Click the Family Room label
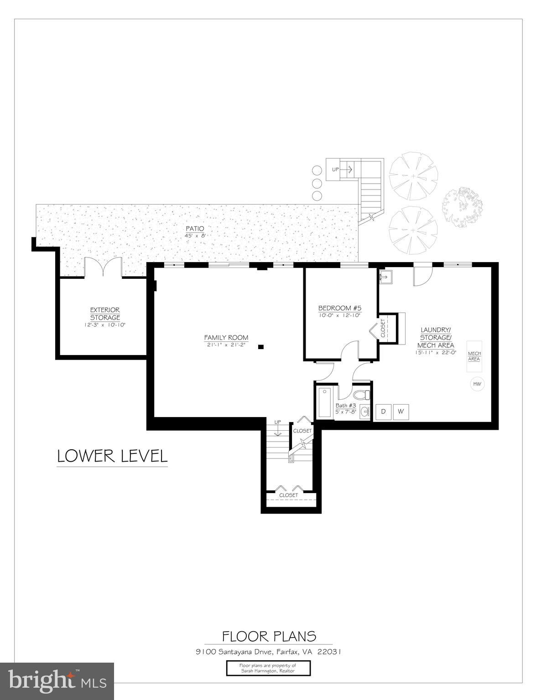click(x=226, y=338)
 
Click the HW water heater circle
click(x=477, y=384)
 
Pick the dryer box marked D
click(x=384, y=412)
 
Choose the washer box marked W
click(x=401, y=412)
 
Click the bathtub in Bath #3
click(x=324, y=402)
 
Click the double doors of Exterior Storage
click(x=104, y=268)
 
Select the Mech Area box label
click(x=474, y=356)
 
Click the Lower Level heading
click(x=112, y=456)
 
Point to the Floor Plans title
click(x=269, y=636)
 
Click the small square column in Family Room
click(x=260, y=347)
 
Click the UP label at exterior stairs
click(x=336, y=170)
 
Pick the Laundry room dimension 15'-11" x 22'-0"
click(x=435, y=352)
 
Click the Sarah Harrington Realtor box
click(x=268, y=668)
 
